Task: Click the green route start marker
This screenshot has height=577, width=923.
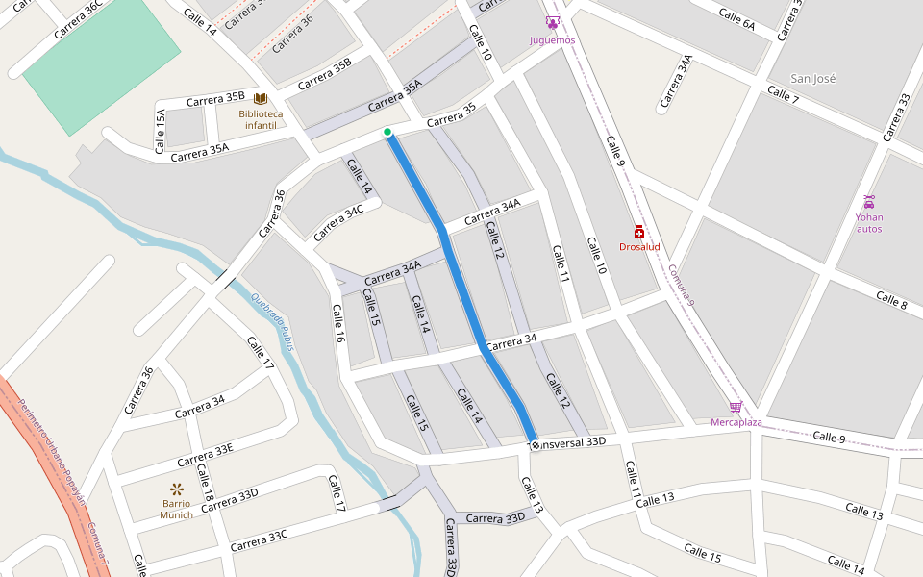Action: pos(387,132)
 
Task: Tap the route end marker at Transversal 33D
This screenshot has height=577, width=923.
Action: pos(535,445)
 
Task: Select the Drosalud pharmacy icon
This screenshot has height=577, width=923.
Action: pos(639,232)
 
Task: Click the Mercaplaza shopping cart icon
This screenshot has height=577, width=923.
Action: pos(736,407)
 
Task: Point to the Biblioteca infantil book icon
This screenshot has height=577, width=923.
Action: pos(260,99)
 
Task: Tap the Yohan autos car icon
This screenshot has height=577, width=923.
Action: pos(869,201)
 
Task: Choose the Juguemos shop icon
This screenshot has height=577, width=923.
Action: pos(552,22)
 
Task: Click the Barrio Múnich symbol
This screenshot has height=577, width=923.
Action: pos(176,489)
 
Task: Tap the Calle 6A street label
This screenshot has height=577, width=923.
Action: pos(736,16)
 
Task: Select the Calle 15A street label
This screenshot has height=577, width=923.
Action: pos(161,132)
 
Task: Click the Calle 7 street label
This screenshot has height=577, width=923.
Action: pos(783,94)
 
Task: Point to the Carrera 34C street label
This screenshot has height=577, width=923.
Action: pos(338,222)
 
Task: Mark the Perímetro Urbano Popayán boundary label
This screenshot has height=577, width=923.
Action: pos(54,452)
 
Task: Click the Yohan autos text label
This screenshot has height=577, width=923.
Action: pos(869,223)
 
